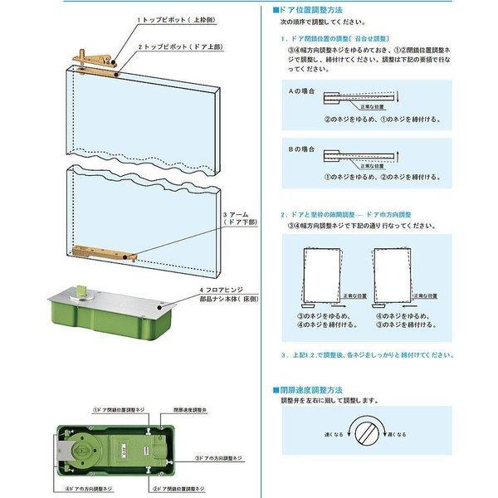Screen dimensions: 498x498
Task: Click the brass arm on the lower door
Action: [103, 251]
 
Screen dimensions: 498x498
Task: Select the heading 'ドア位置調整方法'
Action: [311, 10]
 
